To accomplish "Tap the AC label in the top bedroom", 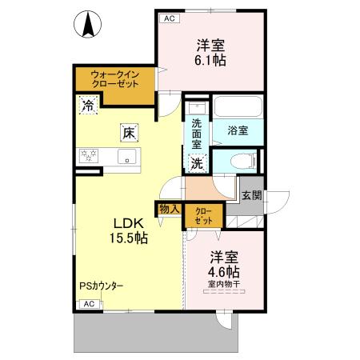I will pyautogui.click(x=169, y=18).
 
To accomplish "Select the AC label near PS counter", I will pyautogui.click(x=90, y=304).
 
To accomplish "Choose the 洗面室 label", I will pyautogui.click(x=198, y=134).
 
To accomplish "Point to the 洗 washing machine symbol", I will pyautogui.click(x=197, y=163).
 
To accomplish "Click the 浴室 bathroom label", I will pyautogui.click(x=237, y=130).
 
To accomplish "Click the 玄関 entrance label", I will pyautogui.click(x=251, y=194).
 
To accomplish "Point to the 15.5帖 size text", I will pyautogui.click(x=126, y=238).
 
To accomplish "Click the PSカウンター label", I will pyautogui.click(x=101, y=286).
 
